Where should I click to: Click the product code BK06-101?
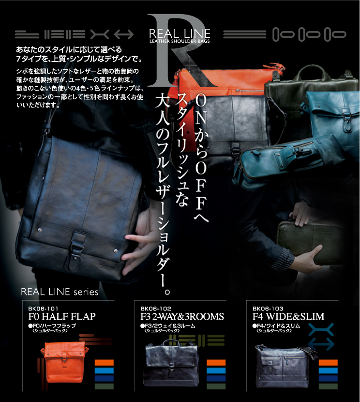tap(43, 309)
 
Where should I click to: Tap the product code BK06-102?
tap(156, 309)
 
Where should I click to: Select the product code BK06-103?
tap(268, 309)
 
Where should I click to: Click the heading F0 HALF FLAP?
tap(62, 317)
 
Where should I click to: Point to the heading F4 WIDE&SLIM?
tap(288, 317)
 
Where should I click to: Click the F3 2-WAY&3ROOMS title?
tap(182, 317)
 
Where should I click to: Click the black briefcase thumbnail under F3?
tap(171, 362)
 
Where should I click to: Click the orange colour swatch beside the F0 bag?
tap(104, 362)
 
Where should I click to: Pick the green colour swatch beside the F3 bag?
tap(216, 386)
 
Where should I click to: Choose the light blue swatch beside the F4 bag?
tap(328, 371)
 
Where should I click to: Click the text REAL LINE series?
tap(60, 292)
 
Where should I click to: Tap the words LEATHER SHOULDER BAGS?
tap(180, 41)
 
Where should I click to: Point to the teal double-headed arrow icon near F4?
tap(321, 344)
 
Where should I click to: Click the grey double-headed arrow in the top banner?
tap(124, 34)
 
